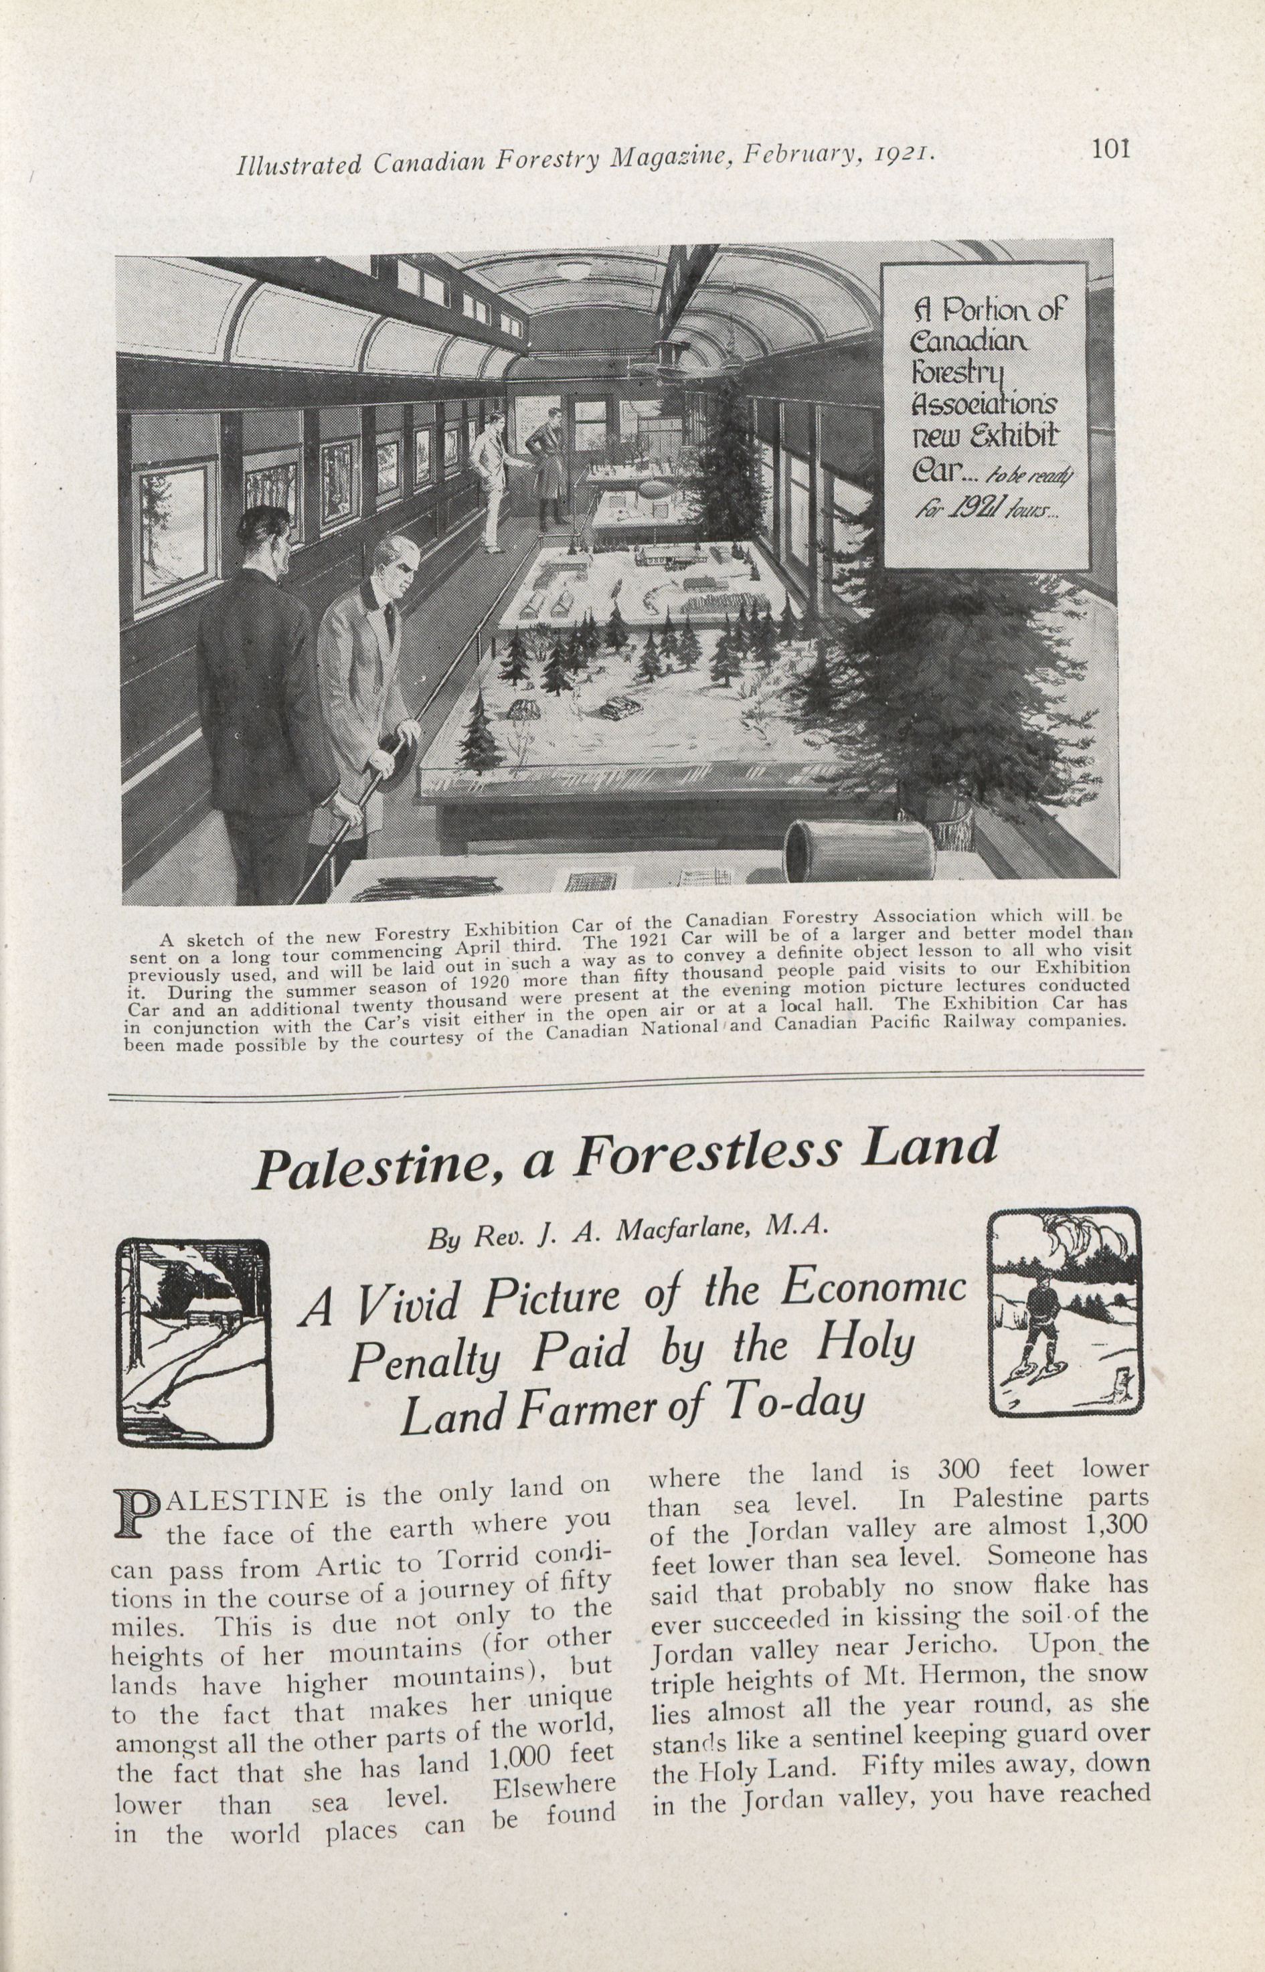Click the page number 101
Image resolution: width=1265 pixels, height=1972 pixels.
pyautogui.click(x=1110, y=149)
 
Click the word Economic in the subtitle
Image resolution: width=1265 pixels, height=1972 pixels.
pyautogui.click(x=872, y=1289)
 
